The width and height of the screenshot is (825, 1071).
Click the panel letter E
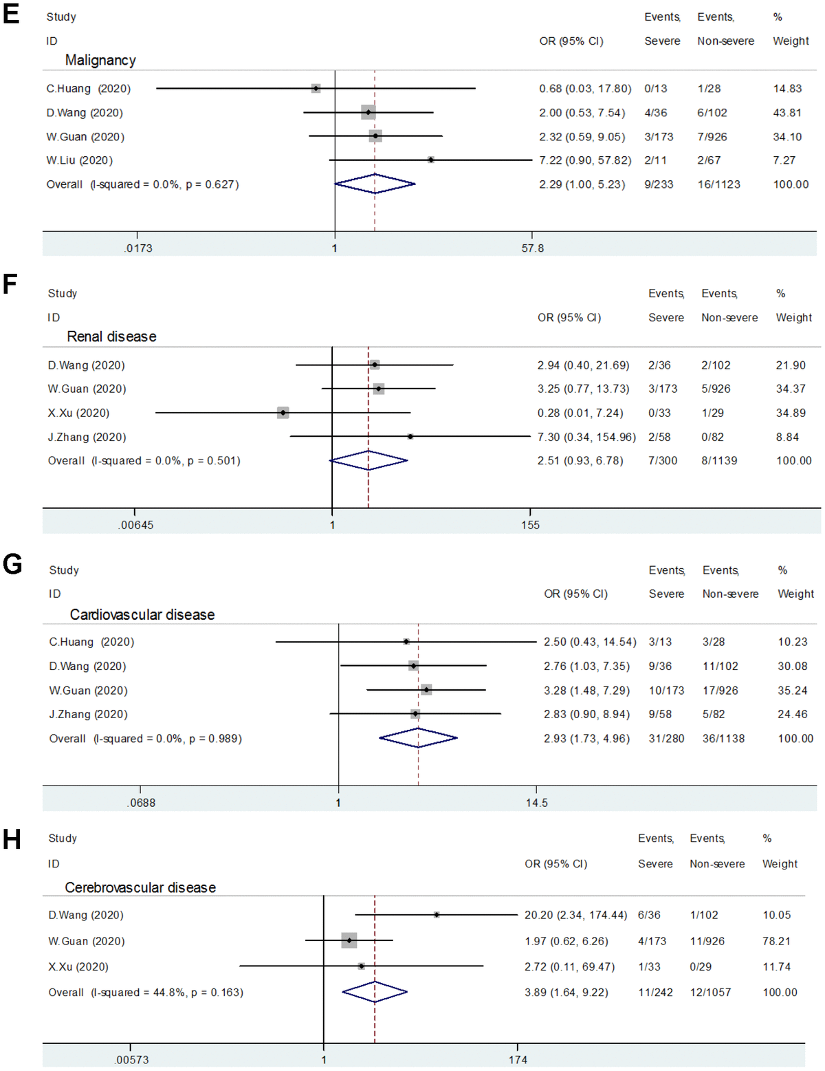point(11,14)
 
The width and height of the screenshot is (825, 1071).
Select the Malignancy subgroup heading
point(100,61)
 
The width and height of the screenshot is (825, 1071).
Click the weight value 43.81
point(787,113)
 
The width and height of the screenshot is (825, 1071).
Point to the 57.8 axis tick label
point(532,248)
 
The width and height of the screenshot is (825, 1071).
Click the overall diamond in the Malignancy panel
point(375,184)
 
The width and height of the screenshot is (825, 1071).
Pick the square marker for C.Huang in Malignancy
point(316,88)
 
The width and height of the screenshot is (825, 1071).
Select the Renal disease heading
point(111,336)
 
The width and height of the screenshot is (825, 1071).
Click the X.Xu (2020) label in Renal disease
point(78,413)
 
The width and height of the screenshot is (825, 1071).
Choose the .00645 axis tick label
point(135,525)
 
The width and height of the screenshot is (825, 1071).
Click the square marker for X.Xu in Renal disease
point(283,413)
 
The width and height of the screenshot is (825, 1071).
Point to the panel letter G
point(12,565)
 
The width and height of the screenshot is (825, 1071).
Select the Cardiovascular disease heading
point(142,614)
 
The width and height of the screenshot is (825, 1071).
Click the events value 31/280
point(666,738)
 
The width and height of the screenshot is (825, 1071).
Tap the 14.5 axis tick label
point(536,803)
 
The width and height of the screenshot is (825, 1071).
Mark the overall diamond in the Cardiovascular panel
point(418,738)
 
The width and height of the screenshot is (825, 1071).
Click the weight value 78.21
point(776,941)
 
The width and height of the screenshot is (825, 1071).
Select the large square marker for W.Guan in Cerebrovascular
point(349,940)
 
